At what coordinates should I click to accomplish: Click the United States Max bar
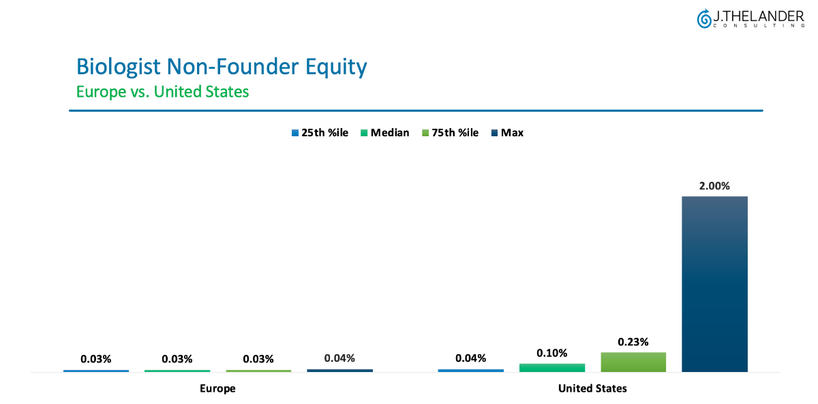[x=714, y=284]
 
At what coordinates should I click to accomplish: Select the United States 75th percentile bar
[x=633, y=362]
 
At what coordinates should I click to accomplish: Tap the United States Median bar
[x=552, y=367]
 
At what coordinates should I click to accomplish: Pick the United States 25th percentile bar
[x=470, y=371]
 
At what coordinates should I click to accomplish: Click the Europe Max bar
[x=339, y=371]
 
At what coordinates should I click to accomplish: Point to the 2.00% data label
[x=715, y=186]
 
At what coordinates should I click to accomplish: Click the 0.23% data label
[x=633, y=342]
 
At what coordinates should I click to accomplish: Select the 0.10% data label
[x=552, y=353]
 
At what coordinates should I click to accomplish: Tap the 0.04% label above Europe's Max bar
[x=339, y=358]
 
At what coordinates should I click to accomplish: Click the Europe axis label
[x=217, y=389]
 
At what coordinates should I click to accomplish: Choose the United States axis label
[x=592, y=389]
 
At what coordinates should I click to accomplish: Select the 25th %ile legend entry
[x=320, y=133]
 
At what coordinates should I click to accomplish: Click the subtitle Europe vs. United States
[x=162, y=91]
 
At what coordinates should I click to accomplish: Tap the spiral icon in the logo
[x=704, y=18]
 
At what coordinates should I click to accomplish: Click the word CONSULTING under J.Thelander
[x=758, y=26]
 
